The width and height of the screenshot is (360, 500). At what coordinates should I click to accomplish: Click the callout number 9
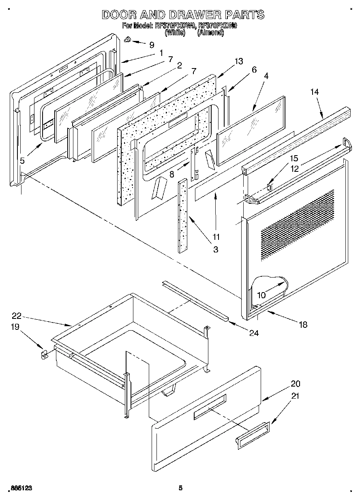click(x=152, y=45)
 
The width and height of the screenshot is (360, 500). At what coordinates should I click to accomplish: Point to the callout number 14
click(x=315, y=92)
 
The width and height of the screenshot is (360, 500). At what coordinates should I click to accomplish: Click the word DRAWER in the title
click(x=188, y=15)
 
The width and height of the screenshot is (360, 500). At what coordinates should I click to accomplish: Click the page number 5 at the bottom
click(x=181, y=488)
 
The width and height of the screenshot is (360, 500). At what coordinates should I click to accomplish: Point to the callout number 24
click(x=254, y=333)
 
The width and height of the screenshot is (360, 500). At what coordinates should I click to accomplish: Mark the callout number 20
click(x=295, y=384)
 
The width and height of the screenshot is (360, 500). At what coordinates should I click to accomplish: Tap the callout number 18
click(x=302, y=324)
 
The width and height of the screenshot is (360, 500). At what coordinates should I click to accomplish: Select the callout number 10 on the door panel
click(x=261, y=295)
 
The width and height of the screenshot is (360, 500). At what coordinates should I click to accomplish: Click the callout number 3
click(x=215, y=250)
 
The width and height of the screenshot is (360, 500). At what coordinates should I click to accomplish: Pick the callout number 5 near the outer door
click(x=22, y=161)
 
